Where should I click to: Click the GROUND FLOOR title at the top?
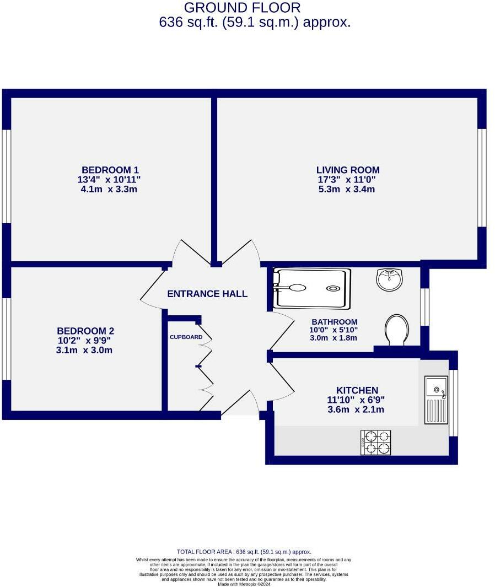(x=243, y=8)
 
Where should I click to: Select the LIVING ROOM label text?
(x=348, y=170)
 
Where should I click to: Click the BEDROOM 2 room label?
(x=85, y=331)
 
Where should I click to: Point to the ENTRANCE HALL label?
(x=207, y=294)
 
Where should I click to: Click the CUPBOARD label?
(x=186, y=337)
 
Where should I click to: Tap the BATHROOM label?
(x=335, y=322)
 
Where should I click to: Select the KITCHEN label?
(x=357, y=390)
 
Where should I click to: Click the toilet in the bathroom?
(x=397, y=329)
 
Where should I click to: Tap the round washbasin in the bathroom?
(x=390, y=279)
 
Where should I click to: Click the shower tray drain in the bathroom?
(x=333, y=288)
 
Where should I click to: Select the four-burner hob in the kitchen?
(x=375, y=443)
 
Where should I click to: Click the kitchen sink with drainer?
(x=436, y=400)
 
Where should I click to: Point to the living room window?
(x=482, y=177)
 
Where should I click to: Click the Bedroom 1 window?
(x=6, y=176)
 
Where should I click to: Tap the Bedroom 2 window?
(x=6, y=338)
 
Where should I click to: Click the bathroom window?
(x=424, y=307)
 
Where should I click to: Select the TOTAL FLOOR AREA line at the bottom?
(x=244, y=552)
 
